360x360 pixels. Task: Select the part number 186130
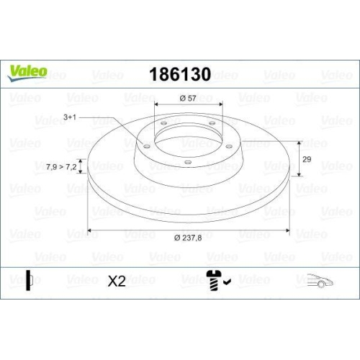click(179, 74)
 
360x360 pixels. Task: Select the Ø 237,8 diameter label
click(189, 238)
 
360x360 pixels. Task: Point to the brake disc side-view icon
click(29, 281)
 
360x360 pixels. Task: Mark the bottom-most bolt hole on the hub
click(188, 161)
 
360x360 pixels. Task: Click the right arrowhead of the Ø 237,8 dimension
click(287, 230)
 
